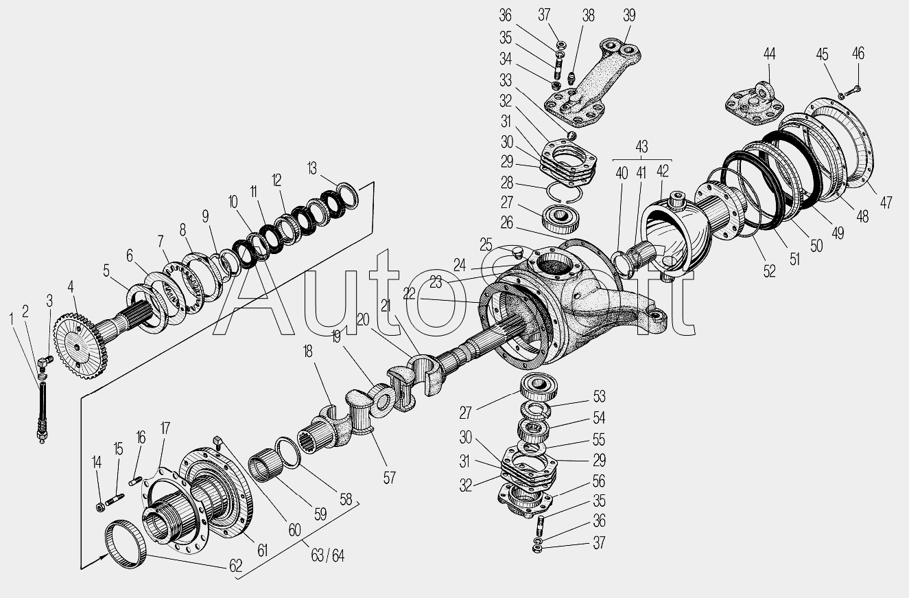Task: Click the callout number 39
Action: coord(629,16)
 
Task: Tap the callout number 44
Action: coord(770,54)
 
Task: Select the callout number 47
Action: coord(885,202)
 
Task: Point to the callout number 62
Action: coord(236,566)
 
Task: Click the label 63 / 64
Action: coord(327,555)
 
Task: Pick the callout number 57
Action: coord(389,478)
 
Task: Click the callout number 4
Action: coord(71,287)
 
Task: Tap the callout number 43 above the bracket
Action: coord(641,146)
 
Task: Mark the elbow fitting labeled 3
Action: coord(45,362)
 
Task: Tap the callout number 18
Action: coord(308,352)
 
